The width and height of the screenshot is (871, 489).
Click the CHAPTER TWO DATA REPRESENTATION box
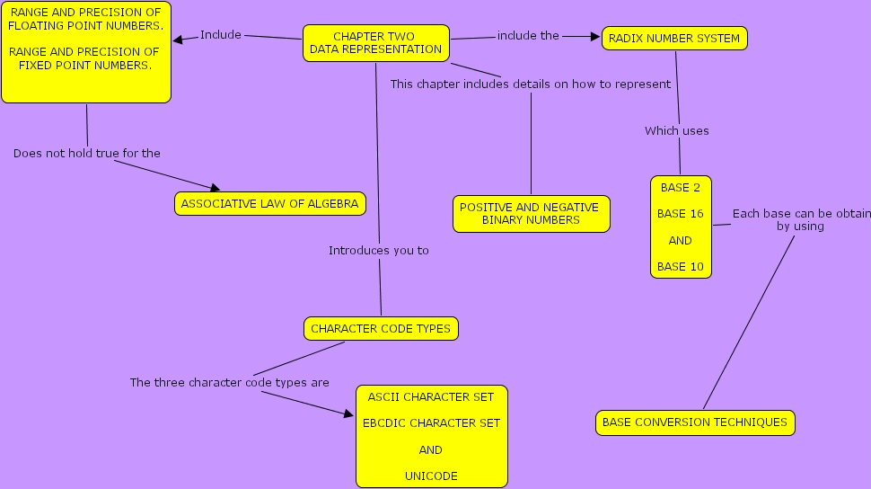click(376, 43)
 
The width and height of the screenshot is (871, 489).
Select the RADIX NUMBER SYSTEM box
click(674, 39)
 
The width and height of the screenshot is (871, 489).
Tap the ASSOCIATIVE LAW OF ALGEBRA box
click(269, 204)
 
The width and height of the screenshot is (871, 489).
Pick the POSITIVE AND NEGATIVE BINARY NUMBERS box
click(531, 214)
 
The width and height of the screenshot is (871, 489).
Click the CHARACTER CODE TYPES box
click(381, 329)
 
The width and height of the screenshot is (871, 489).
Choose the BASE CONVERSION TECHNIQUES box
click(694, 422)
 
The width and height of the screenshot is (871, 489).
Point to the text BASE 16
click(680, 214)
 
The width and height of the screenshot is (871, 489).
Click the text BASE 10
click(680, 267)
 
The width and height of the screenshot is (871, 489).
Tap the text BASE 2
click(680, 188)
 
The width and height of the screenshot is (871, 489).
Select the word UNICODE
click(431, 476)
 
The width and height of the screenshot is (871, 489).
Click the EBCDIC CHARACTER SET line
click(431, 422)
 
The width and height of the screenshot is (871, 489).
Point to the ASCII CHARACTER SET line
click(431, 396)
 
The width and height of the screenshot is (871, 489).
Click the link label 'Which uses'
click(676, 131)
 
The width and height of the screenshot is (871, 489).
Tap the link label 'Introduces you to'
click(378, 251)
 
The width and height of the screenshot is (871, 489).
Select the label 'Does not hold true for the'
click(87, 154)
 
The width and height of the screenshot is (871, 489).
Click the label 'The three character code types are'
click(229, 383)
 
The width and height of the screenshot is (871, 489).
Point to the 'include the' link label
click(528, 36)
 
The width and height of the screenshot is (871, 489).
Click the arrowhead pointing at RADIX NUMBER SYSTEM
click(594, 37)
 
